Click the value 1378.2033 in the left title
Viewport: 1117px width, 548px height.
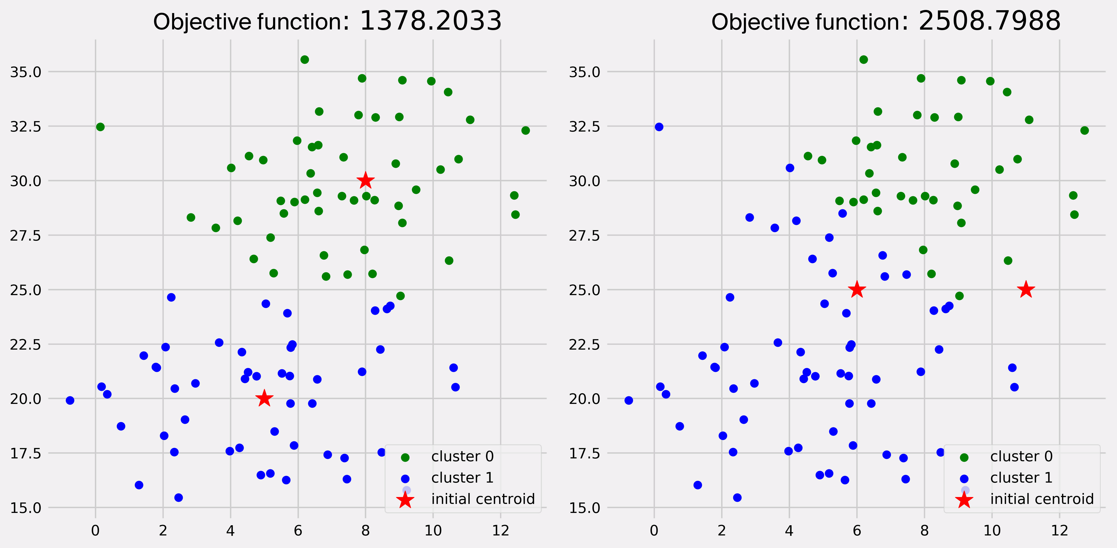click(430, 21)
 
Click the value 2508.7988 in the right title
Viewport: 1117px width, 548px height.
click(989, 21)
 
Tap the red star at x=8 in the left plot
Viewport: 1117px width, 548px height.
click(366, 181)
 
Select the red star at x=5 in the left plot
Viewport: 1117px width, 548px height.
click(264, 398)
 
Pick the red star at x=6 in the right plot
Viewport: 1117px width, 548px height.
click(857, 290)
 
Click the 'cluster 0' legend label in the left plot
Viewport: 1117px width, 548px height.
click(462, 457)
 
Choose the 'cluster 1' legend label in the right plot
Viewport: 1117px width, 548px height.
click(1021, 478)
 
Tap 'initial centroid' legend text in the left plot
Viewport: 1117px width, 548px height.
click(483, 499)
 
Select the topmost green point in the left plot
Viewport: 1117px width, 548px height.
click(304, 59)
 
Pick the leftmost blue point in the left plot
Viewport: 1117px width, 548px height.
click(70, 400)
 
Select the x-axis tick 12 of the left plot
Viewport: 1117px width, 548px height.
click(500, 531)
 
